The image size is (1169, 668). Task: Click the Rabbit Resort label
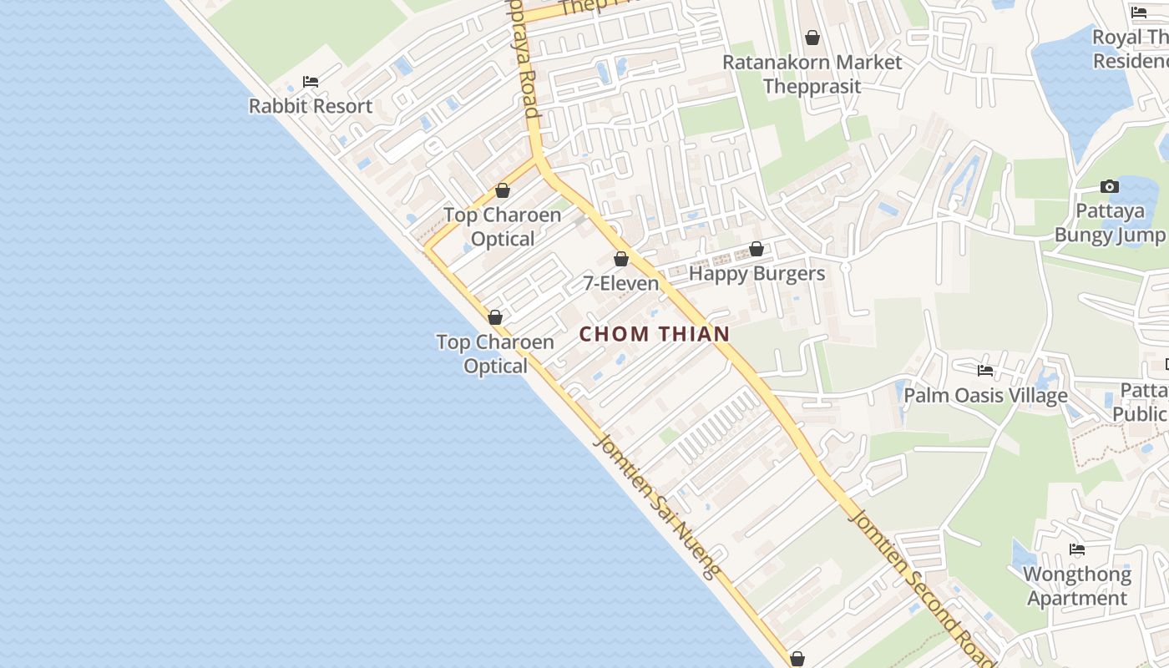(311, 107)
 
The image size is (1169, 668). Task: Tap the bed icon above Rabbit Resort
(311, 82)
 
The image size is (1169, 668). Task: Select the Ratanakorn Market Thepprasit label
(812, 74)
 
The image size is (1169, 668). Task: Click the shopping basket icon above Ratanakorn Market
(812, 38)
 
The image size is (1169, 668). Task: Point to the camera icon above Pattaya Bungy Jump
(1110, 186)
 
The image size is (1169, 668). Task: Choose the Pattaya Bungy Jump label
(1110, 223)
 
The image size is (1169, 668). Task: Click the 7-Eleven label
(620, 284)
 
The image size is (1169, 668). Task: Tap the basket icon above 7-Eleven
(620, 259)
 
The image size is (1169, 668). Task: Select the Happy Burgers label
(757, 274)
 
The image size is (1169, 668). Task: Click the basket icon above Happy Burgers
(757, 249)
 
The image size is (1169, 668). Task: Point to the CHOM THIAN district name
(655, 334)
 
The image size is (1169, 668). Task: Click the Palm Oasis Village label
(985, 396)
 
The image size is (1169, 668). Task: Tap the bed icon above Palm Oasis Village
(985, 371)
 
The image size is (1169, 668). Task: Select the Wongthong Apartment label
(1077, 586)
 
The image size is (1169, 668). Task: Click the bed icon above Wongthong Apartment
(1077, 549)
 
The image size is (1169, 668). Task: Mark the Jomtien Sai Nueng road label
(656, 506)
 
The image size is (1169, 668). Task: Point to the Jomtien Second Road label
(922, 586)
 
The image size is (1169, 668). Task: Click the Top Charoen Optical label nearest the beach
(495, 354)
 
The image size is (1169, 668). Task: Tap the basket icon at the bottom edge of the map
(797, 659)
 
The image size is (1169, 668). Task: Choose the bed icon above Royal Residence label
(1139, 13)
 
